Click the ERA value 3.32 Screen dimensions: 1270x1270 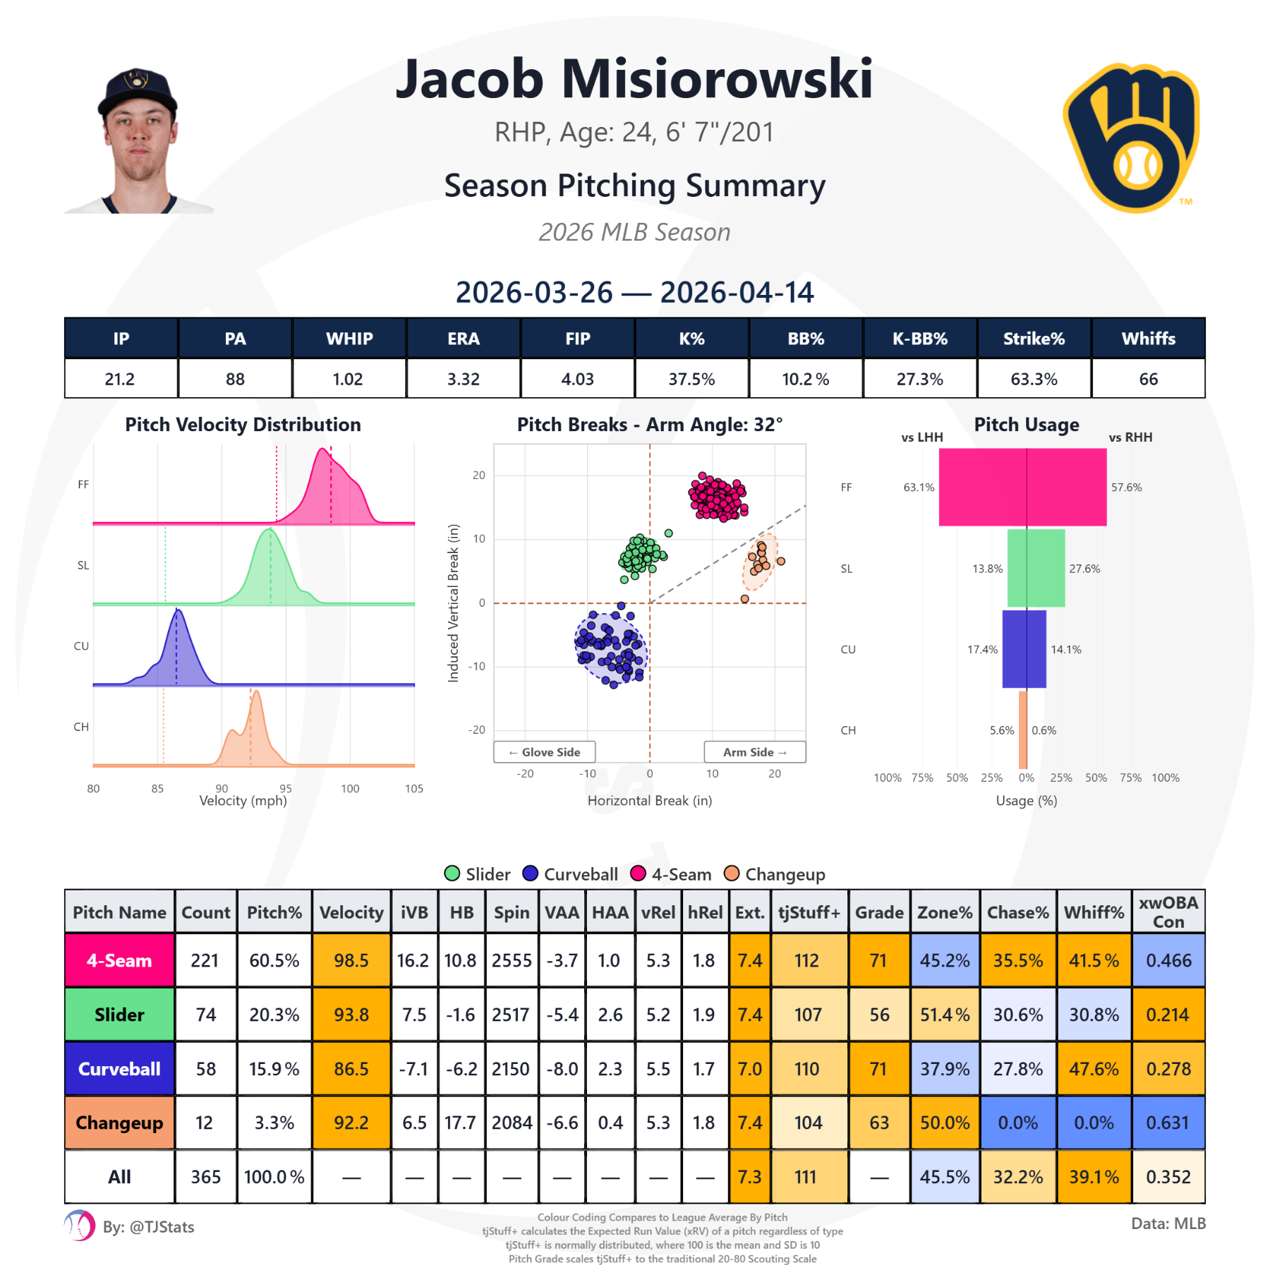tap(463, 379)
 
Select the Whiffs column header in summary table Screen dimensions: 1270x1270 tap(1148, 339)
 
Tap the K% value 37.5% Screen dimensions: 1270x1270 tap(691, 379)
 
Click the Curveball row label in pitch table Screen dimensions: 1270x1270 tap(119, 1068)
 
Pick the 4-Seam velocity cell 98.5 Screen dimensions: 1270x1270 tap(351, 960)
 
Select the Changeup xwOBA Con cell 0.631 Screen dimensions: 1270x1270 tap(1168, 1123)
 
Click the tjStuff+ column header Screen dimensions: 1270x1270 tap(809, 912)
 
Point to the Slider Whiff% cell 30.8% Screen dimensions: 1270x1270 tap(1094, 1015)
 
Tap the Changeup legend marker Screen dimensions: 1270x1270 tap(732, 873)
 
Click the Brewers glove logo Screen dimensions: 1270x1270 tap(1132, 138)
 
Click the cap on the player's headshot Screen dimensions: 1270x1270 tap(137, 90)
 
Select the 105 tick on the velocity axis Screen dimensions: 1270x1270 tap(414, 789)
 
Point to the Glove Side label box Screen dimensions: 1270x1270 tap(544, 752)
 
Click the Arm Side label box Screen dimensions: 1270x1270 tap(754, 752)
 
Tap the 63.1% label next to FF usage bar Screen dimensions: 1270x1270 tap(919, 488)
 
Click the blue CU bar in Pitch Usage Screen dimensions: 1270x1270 tap(1024, 649)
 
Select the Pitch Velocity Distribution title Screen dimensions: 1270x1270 tap(243, 425)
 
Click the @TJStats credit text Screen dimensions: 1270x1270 tap(149, 1227)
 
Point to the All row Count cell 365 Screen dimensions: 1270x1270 tap(205, 1177)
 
